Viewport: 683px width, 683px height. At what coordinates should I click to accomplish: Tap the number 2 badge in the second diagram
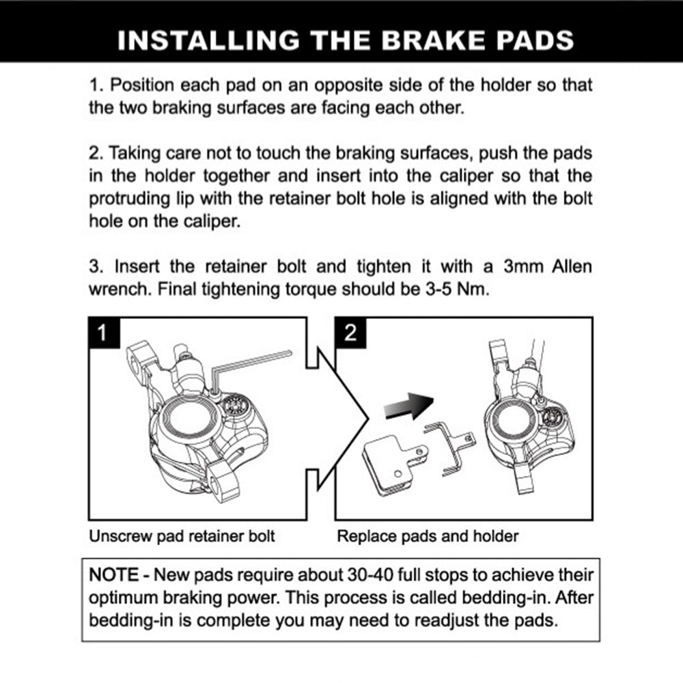[x=350, y=333]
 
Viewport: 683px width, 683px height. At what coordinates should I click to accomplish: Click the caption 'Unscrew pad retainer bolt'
[x=182, y=536]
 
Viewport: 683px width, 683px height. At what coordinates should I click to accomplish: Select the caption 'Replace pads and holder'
[x=428, y=536]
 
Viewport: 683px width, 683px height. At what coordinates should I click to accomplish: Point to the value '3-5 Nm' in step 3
[x=462, y=288]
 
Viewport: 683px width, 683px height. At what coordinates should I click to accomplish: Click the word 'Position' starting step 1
[x=143, y=87]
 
